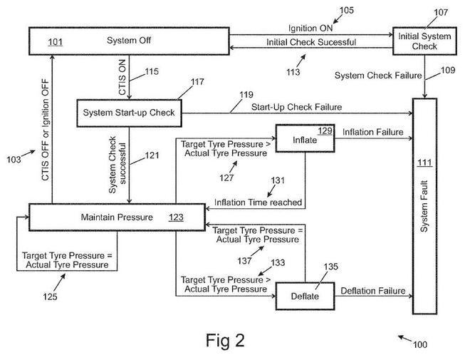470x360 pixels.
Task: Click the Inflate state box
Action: pyautogui.click(x=305, y=138)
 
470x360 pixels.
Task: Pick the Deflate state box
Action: pyautogui.click(x=305, y=296)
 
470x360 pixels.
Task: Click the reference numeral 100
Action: pyautogui.click(x=420, y=345)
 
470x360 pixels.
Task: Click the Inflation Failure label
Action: pyautogui.click(x=373, y=133)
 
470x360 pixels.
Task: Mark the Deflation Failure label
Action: pyautogui.click(x=373, y=290)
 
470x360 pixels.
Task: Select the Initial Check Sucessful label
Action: pyautogui.click(x=311, y=43)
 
